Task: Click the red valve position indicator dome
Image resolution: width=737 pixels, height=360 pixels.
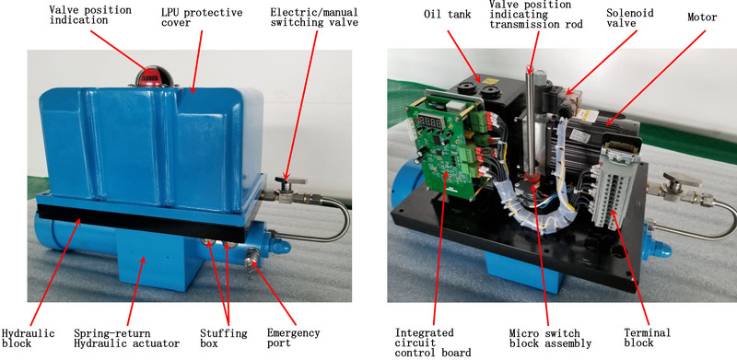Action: coord(149,77)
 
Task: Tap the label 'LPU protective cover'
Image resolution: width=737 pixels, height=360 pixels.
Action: coord(202,17)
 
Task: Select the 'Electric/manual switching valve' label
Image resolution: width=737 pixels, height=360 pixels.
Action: coord(314,17)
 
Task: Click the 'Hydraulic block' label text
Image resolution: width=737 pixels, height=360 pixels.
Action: coord(29,339)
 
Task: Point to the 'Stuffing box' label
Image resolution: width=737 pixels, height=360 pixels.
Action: coord(223,339)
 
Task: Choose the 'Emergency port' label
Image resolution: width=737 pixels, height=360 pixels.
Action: coord(293,339)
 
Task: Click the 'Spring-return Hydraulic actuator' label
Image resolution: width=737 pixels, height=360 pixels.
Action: coord(126,339)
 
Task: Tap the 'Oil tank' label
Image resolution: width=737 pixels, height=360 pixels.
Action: coord(447,15)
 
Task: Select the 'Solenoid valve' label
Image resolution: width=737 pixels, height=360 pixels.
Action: coord(630,17)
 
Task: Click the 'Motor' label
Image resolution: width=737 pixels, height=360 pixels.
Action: coord(702,17)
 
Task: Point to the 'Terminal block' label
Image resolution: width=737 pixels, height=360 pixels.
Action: coord(648,338)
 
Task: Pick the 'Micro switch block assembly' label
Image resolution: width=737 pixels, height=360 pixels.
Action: coord(550,339)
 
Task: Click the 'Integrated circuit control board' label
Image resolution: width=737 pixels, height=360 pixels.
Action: coord(433,343)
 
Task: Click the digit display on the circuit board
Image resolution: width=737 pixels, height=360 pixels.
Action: coord(431,122)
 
